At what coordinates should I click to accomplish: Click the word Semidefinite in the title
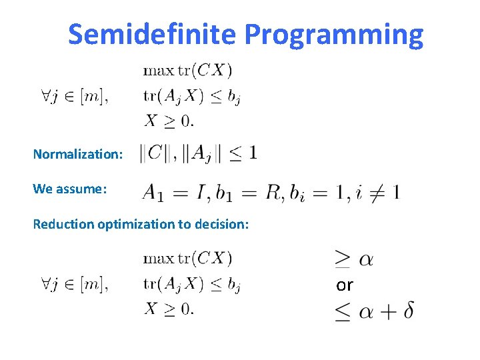tap(151, 34)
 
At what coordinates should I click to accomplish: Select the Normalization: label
tap(78, 154)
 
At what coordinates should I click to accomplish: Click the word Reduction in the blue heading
tap(63, 224)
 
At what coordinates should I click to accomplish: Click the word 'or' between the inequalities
tap(344, 285)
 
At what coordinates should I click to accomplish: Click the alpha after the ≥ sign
tap(366, 259)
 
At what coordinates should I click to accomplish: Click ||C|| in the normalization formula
tap(154, 153)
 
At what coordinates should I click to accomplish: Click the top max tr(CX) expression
tap(187, 69)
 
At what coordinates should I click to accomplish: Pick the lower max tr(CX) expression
tap(187, 257)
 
